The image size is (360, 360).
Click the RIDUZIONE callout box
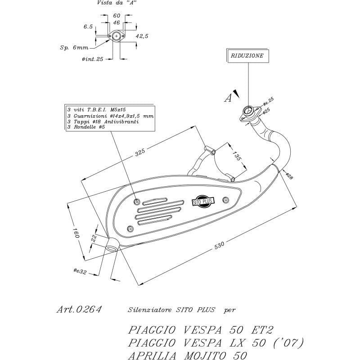coord(248,56)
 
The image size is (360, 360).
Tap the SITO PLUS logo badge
coord(203,201)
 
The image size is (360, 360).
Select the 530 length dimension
coord(219,245)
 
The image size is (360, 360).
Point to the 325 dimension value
coord(140,152)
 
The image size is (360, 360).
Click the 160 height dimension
coord(76,233)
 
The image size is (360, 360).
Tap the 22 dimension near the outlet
coord(94,238)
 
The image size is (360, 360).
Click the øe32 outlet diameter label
coord(80,271)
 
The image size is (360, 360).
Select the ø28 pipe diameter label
coord(289,176)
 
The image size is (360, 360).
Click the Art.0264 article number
coord(79,309)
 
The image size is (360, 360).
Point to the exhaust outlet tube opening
coord(112,248)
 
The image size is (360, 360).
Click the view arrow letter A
coord(228,98)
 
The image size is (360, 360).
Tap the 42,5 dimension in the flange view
coord(142,36)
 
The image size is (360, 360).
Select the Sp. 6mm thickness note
coord(74,48)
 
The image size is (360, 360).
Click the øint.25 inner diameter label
coord(93,59)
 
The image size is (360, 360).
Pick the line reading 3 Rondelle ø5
coord(86,127)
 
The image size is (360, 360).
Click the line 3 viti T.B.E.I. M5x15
coord(97,110)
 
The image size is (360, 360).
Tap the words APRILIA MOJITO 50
coord(188,355)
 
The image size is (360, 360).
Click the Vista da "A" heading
coord(117,3)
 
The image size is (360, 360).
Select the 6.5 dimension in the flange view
coord(88,27)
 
